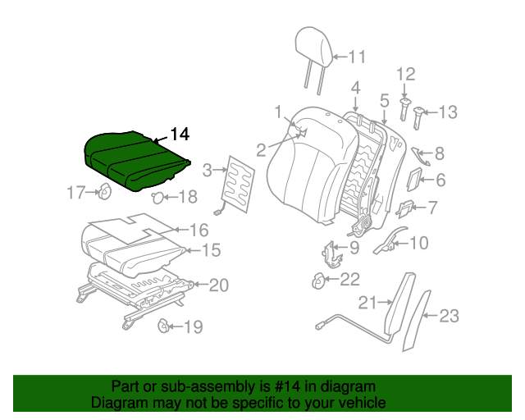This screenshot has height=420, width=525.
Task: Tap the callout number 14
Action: click(x=179, y=135)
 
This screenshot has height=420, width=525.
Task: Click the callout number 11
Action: click(x=356, y=57)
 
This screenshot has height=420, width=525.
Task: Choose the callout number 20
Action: click(x=218, y=285)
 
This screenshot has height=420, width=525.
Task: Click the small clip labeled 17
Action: click(x=105, y=194)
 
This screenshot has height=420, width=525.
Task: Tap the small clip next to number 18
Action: click(x=158, y=196)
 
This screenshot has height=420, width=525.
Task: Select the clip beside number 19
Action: click(x=163, y=327)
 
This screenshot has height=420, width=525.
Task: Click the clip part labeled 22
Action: click(x=318, y=281)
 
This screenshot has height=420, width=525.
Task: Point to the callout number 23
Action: click(x=450, y=316)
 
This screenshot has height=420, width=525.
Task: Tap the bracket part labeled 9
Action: click(x=332, y=253)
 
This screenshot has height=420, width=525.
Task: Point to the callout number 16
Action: click(x=199, y=230)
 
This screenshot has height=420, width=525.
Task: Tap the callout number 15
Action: click(x=212, y=251)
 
